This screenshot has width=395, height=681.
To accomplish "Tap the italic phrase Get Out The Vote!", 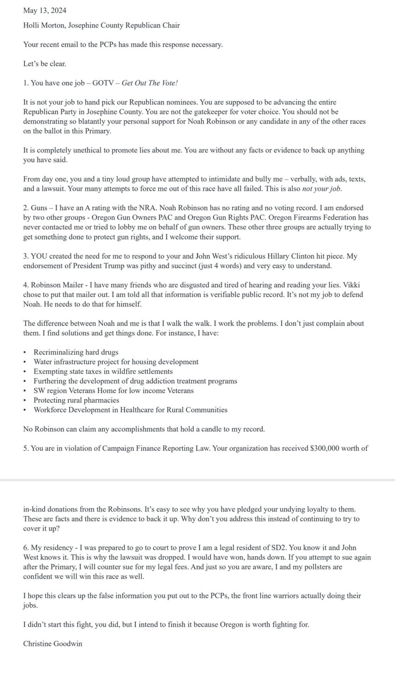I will (x=150, y=83).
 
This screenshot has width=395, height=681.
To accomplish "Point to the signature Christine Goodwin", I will (x=52, y=644).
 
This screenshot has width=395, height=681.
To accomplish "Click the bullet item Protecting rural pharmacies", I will (x=76, y=400).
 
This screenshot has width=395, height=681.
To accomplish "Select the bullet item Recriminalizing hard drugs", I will (x=76, y=352).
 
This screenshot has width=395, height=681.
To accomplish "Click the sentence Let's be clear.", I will (x=44, y=64).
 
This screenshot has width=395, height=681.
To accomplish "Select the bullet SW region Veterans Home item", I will (x=113, y=391).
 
